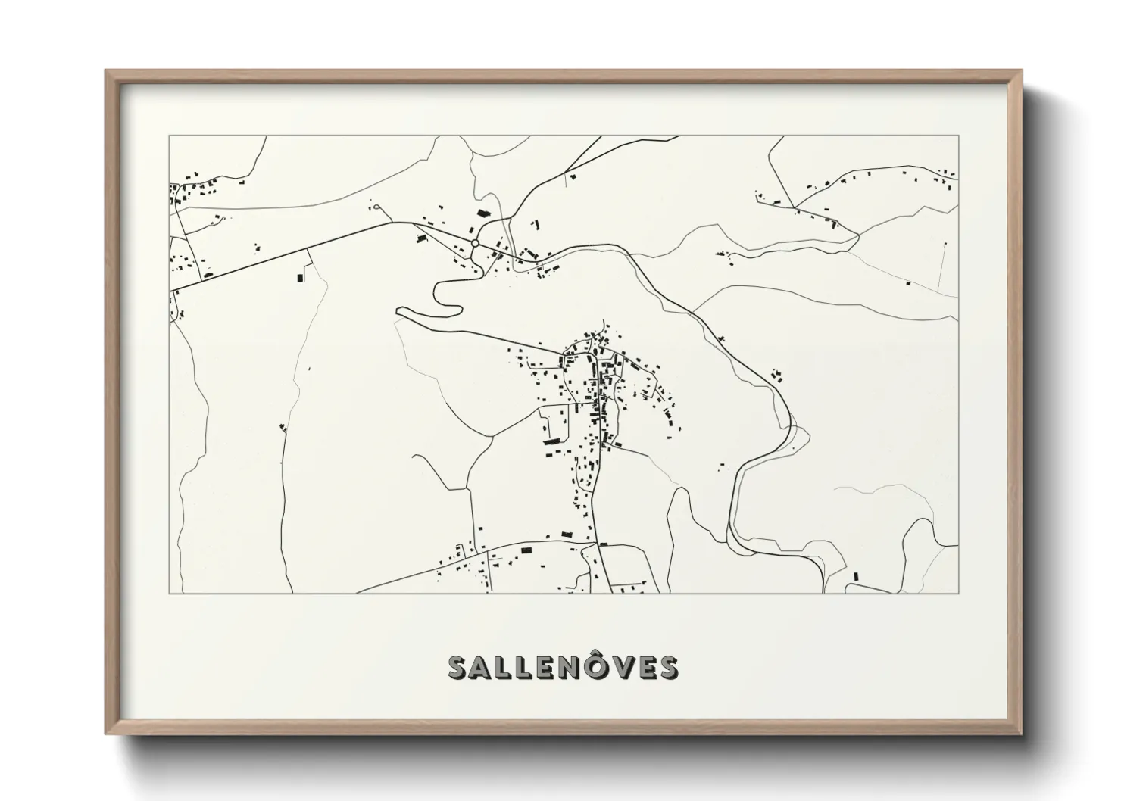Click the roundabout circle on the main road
point(474,243)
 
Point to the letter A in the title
point(484,669)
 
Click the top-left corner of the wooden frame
point(106,71)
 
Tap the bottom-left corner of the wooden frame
point(106,734)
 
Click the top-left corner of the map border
point(168,136)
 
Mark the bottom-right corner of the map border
point(959,593)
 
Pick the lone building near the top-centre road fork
point(573,176)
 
